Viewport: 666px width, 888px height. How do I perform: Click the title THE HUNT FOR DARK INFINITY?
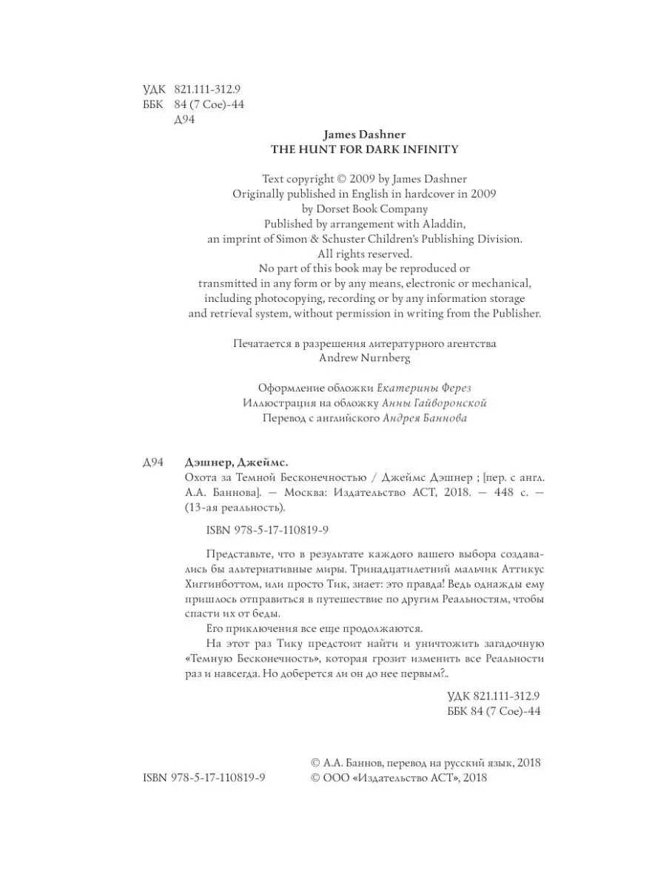[x=365, y=149]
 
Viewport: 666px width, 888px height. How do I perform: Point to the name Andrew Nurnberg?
[x=364, y=357]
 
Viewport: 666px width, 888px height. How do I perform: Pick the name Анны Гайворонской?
[x=435, y=403]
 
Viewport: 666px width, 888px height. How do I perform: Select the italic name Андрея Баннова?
[x=425, y=418]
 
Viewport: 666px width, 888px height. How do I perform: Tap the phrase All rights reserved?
[x=365, y=253]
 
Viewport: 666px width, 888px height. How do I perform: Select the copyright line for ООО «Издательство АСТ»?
[x=398, y=778]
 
